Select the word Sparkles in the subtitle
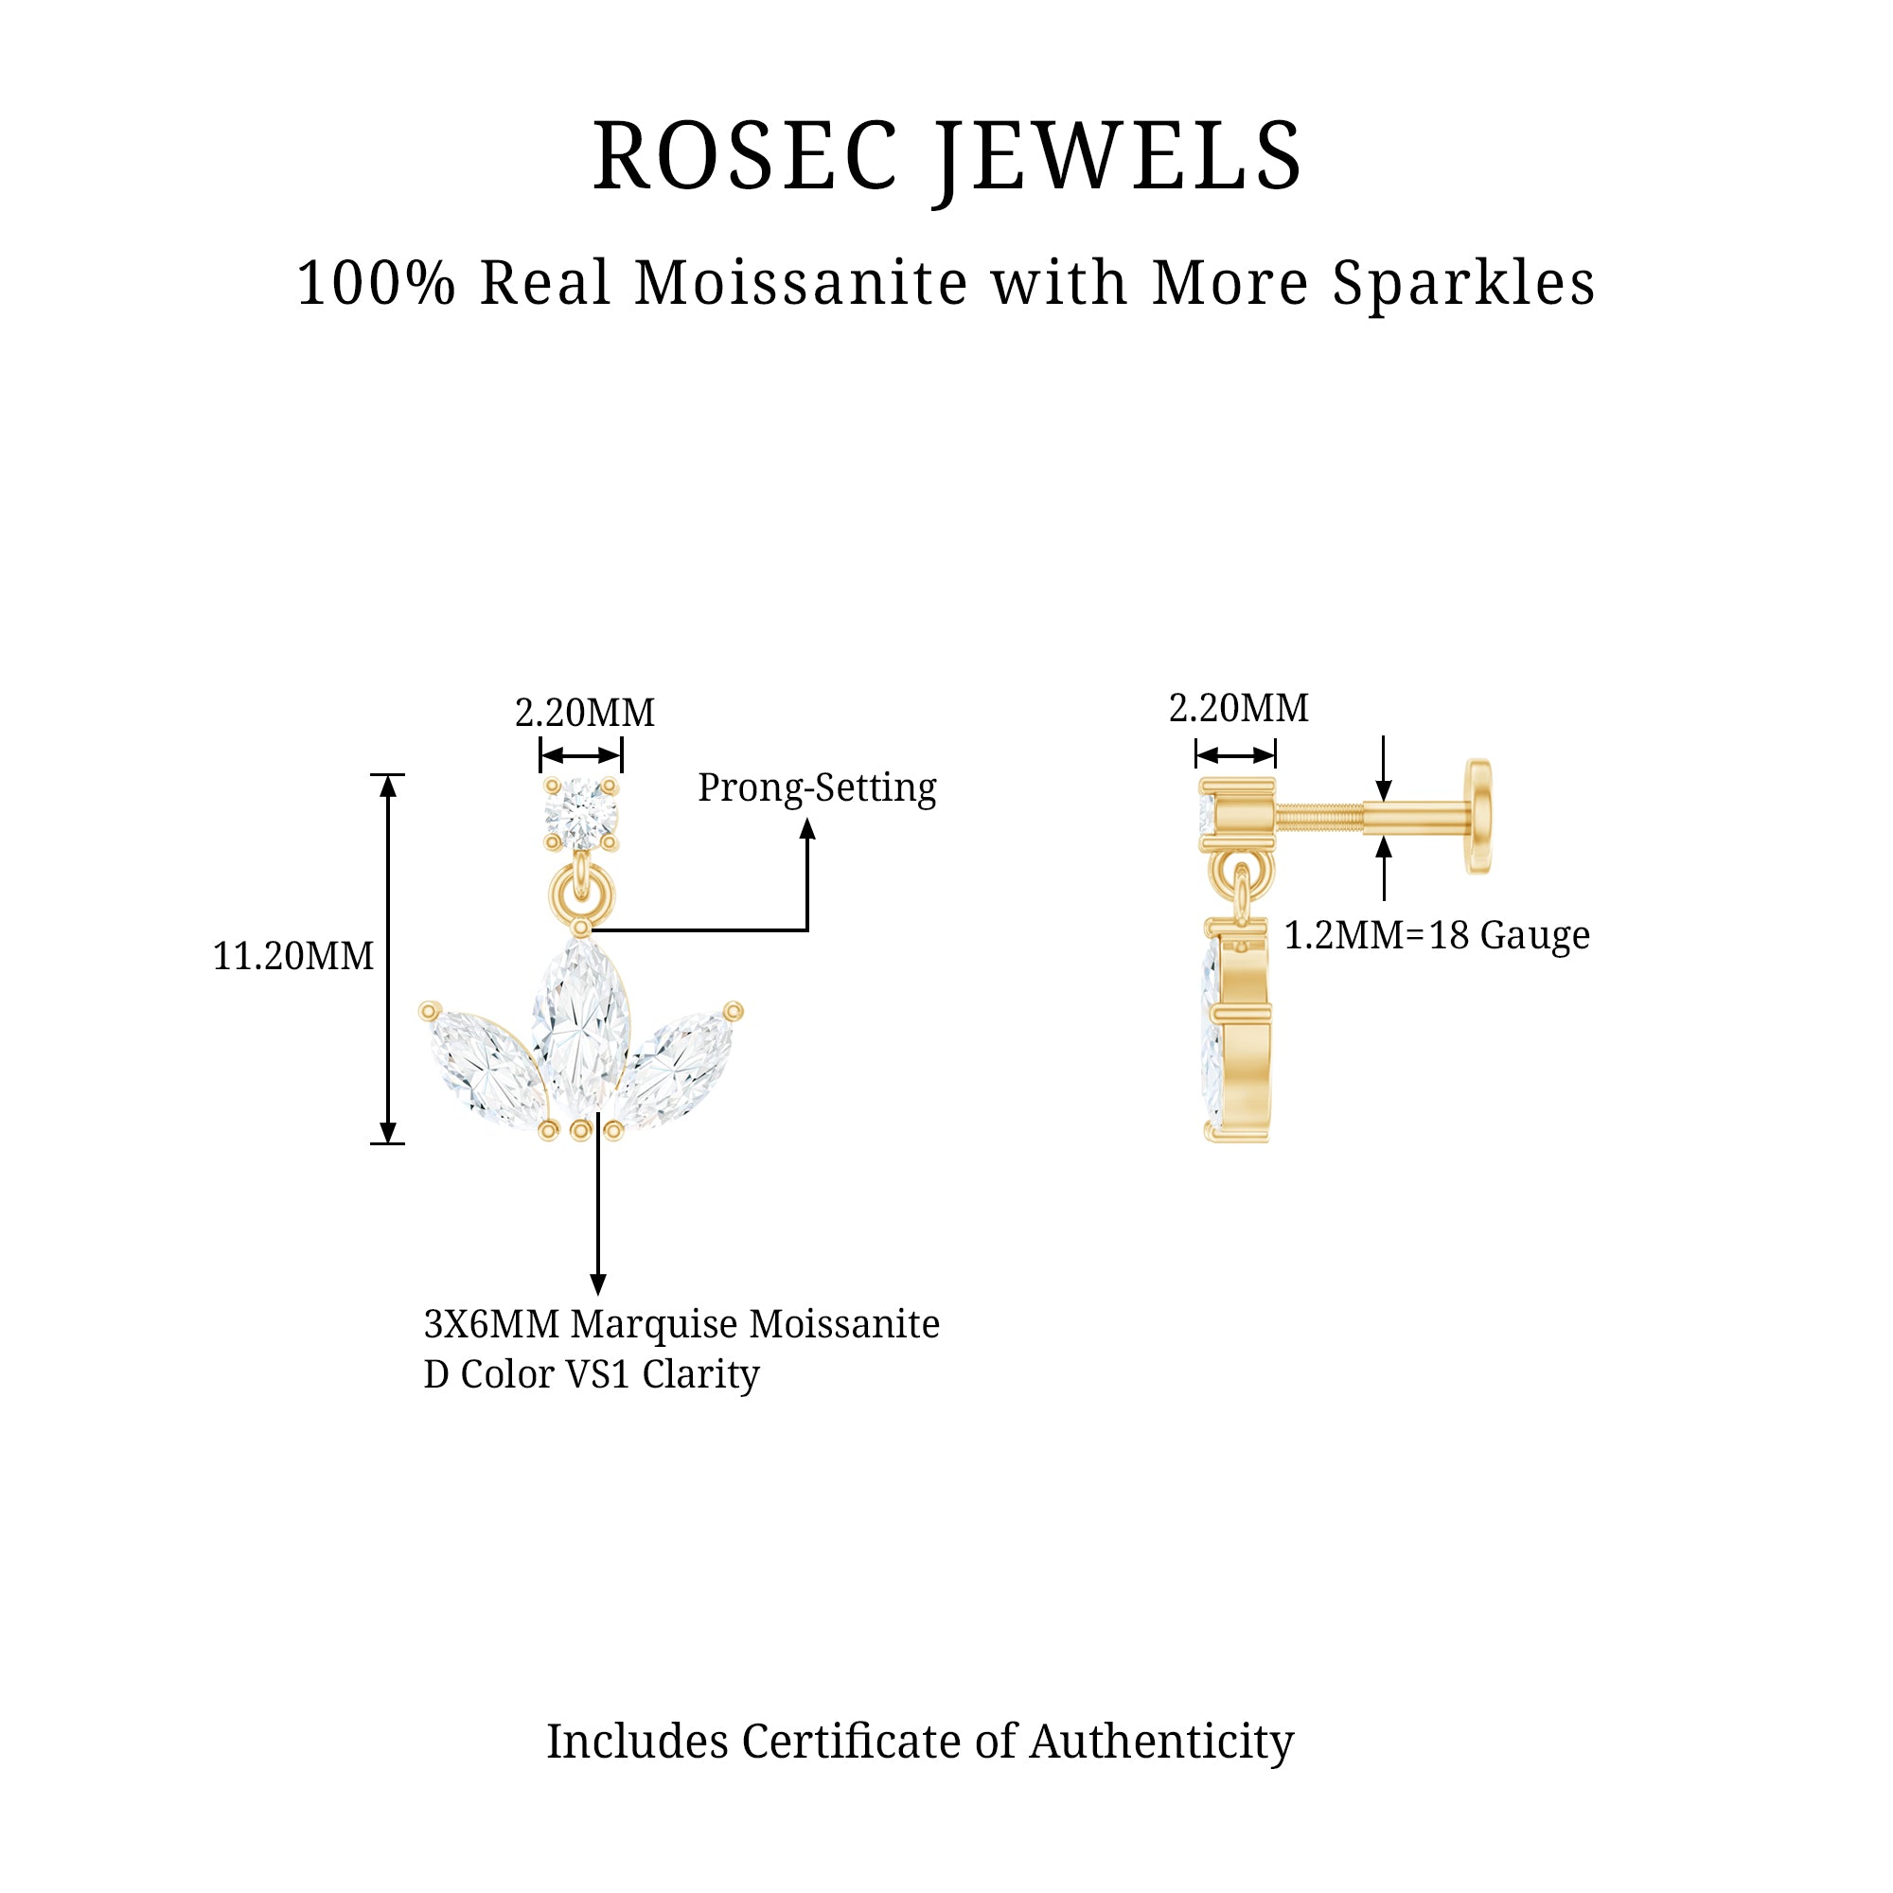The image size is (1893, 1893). [x=1463, y=284]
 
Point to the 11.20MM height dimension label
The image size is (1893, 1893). [x=293, y=956]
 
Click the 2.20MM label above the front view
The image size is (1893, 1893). [x=585, y=713]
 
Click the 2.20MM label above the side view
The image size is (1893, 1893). [x=1238, y=707]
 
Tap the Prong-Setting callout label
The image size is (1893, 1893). [x=817, y=787]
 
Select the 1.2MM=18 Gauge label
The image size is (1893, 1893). [x=1437, y=936]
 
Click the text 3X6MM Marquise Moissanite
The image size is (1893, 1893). [x=681, y=1325]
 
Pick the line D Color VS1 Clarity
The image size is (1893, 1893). [x=592, y=1374]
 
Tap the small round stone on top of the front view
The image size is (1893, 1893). [x=581, y=813]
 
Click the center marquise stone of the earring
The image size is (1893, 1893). [x=581, y=1029]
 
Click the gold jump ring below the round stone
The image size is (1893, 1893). [x=581, y=894]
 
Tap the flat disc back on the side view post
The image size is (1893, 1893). [x=1478, y=816]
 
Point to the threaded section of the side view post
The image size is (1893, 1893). [x=1318, y=816]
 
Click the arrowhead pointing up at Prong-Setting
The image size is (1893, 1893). [x=807, y=830]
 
